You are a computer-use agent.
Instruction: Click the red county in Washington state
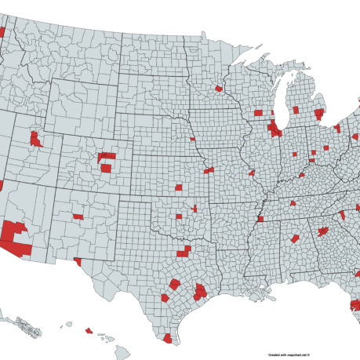[2, 32]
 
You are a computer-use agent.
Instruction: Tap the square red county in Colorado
[106, 167]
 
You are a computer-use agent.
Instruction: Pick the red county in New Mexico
[78, 216]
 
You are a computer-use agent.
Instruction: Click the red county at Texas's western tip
[77, 260]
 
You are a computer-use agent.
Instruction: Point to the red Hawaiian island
[89, 330]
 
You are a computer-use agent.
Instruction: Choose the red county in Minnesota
[218, 89]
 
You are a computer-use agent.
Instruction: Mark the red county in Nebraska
[192, 139]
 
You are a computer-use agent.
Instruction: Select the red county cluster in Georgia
[322, 231]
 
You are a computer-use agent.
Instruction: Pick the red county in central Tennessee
[293, 203]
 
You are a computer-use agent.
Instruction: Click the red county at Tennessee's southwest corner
[260, 219]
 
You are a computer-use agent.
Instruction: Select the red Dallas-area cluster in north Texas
[185, 252]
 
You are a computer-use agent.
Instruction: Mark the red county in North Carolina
[342, 214]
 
